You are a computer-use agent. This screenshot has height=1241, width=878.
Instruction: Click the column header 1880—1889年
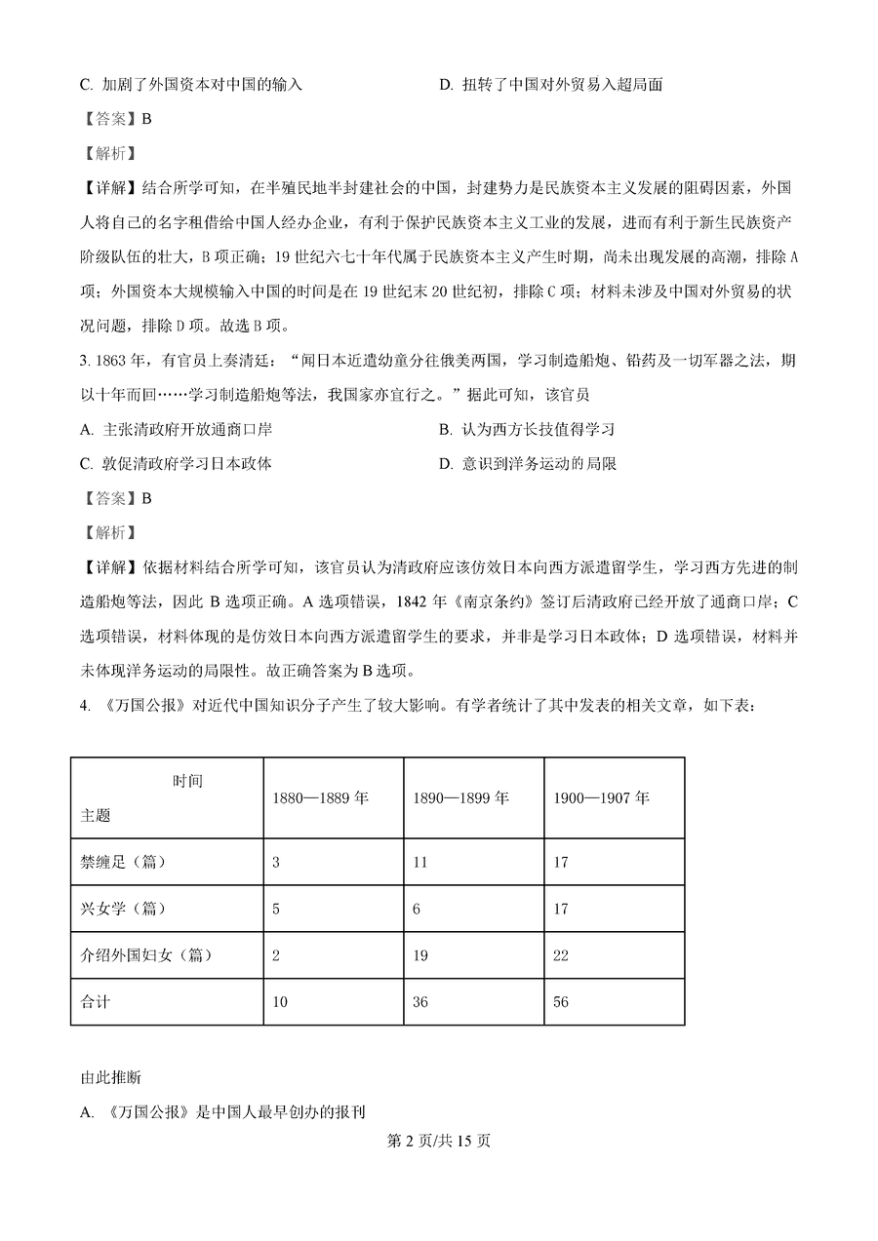point(320,797)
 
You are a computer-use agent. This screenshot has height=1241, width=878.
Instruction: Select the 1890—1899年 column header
point(460,797)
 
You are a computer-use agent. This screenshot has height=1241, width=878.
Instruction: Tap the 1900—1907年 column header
point(601,797)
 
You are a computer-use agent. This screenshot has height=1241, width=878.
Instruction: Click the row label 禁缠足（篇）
point(125,862)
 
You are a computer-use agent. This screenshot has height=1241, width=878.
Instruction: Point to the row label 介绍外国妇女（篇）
point(146,955)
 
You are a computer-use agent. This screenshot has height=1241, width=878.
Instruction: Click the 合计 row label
point(96,1002)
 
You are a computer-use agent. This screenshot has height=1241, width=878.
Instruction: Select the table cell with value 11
point(420,862)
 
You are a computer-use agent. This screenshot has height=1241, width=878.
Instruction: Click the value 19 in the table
point(420,955)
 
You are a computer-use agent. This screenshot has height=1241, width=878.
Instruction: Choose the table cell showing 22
point(560,955)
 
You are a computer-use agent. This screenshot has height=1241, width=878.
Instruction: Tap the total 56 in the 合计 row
point(560,1002)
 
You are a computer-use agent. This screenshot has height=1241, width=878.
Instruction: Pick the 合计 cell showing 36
point(420,1002)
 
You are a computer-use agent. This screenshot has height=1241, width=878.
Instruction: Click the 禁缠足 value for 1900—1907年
point(560,862)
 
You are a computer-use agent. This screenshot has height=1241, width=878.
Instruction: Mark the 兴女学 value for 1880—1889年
point(276,909)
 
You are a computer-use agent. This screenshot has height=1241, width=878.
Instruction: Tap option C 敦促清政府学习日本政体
point(176,464)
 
